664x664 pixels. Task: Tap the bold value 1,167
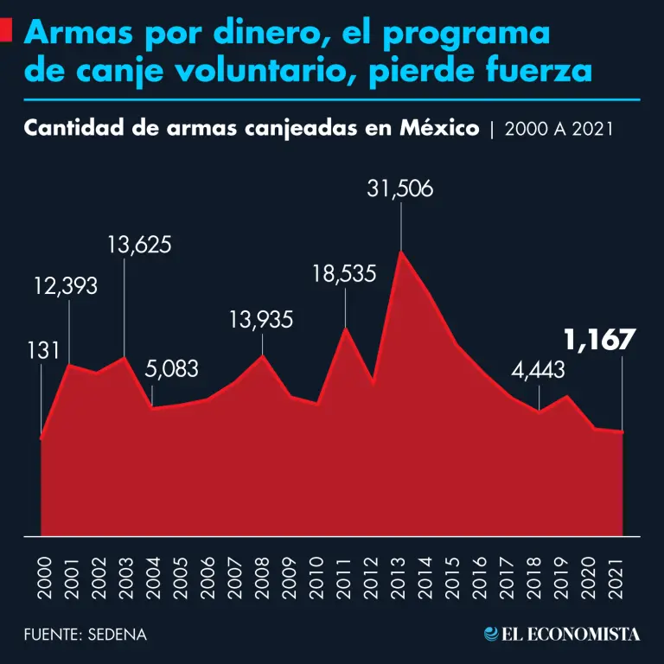(x=600, y=340)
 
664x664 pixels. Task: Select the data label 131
(x=42, y=351)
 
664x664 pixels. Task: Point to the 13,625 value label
(x=139, y=245)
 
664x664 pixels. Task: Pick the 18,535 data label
(x=343, y=275)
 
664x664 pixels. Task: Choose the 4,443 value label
(x=538, y=371)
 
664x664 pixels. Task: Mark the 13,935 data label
(x=261, y=320)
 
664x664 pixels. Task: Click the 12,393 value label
(x=66, y=285)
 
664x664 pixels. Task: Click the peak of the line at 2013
(x=400, y=252)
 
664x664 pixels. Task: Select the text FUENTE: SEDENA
(x=85, y=635)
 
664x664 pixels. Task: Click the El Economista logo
(x=563, y=634)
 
